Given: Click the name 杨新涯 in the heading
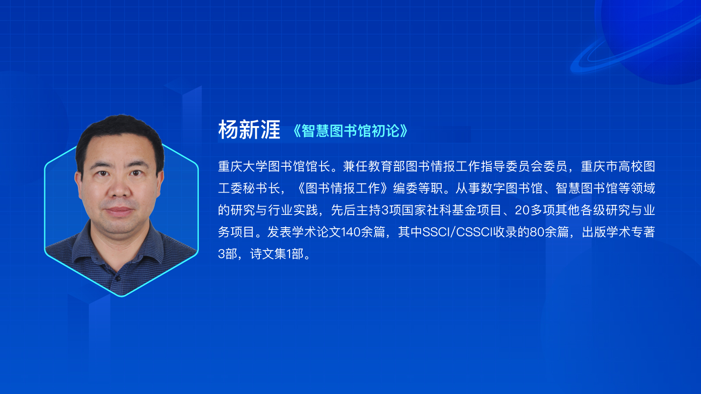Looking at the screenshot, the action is [249, 130].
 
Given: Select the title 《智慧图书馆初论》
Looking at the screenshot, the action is [350, 131].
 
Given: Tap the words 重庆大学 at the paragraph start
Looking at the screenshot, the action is [243, 166].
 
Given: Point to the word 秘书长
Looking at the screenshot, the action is [262, 188].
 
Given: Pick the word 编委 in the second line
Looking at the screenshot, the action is [405, 188].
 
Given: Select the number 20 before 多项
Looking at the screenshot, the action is [522, 210].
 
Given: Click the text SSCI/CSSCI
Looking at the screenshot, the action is [457, 232].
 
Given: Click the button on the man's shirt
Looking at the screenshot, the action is [118, 278].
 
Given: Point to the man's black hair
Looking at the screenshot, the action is [120, 131].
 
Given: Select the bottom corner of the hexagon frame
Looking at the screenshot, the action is [122, 296].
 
